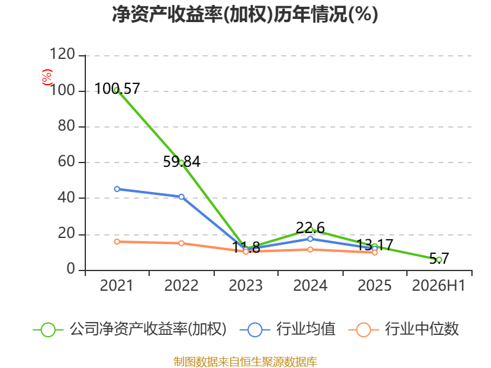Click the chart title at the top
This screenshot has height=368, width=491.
(245, 14)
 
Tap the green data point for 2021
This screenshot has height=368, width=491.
(117, 90)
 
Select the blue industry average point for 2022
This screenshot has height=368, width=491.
(181, 196)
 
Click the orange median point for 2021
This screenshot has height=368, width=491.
(117, 242)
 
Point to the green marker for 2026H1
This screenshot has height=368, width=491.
(439, 259)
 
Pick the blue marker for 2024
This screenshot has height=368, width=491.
(310, 239)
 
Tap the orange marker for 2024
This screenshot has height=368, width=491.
(310, 250)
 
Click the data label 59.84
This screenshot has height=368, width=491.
(182, 162)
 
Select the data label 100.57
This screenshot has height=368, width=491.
(117, 88)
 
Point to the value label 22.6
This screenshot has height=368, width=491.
(310, 228)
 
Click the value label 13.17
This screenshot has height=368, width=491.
(375, 245)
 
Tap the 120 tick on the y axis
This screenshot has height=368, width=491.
(63, 54)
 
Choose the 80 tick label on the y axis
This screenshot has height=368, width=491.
(66, 126)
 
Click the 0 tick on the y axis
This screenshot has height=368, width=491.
(71, 269)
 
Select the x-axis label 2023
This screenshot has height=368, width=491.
(246, 285)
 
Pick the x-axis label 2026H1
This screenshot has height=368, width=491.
(438, 285)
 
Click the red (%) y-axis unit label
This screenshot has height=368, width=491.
(47, 77)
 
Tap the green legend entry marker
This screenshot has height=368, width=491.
(48, 330)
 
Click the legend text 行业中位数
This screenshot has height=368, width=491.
(422, 329)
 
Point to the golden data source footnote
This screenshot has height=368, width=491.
(245, 362)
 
